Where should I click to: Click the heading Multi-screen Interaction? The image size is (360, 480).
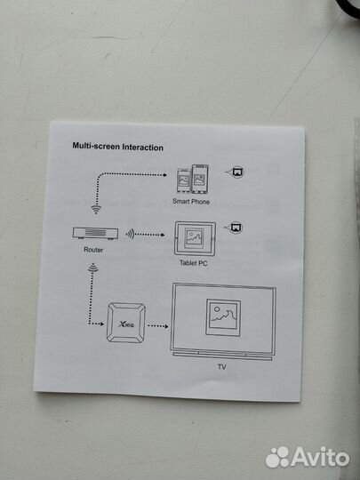click(x=117, y=147)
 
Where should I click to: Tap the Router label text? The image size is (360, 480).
click(x=93, y=250)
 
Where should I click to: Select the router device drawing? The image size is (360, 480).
click(x=95, y=233)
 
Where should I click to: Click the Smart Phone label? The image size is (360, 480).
click(x=191, y=201)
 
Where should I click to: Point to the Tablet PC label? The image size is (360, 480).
click(x=193, y=262)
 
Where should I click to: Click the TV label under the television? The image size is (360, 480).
click(x=222, y=366)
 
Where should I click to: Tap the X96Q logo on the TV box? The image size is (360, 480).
click(x=126, y=324)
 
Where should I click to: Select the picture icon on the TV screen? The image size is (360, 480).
click(x=223, y=317)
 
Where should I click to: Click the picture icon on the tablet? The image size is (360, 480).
click(x=195, y=237)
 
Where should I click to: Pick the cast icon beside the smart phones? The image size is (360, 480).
click(x=236, y=172)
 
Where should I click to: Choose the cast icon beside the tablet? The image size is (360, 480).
click(x=235, y=228)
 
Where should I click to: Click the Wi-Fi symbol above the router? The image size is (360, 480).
click(x=96, y=209)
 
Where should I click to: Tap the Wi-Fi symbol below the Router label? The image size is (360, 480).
click(x=92, y=268)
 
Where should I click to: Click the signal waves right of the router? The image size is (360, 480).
click(x=130, y=235)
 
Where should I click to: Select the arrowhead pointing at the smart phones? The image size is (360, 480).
click(x=164, y=175)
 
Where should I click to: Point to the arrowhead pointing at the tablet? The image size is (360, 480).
click(x=163, y=235)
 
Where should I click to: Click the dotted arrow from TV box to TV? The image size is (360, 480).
click(x=158, y=326)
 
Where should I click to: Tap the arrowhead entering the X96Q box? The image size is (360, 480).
click(x=101, y=324)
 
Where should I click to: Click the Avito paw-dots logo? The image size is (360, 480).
click(x=277, y=457)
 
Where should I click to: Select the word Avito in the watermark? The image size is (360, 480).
click(x=321, y=458)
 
